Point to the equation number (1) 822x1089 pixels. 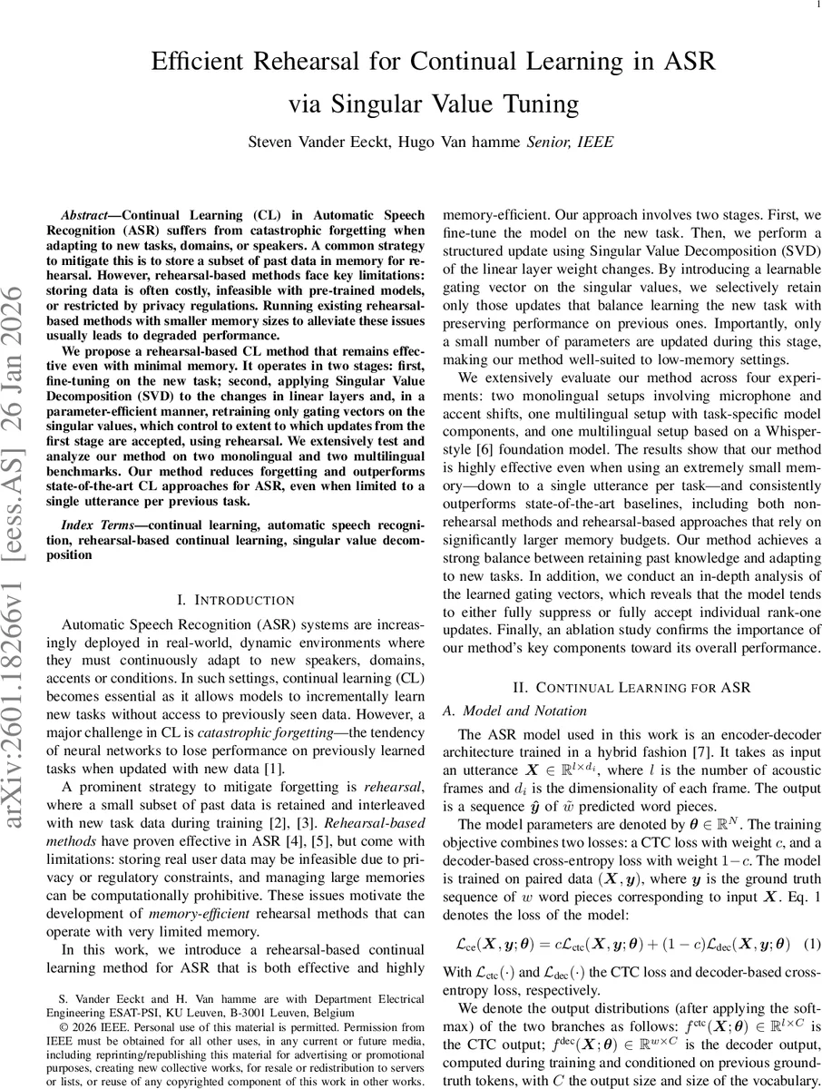pyautogui.click(x=812, y=944)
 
